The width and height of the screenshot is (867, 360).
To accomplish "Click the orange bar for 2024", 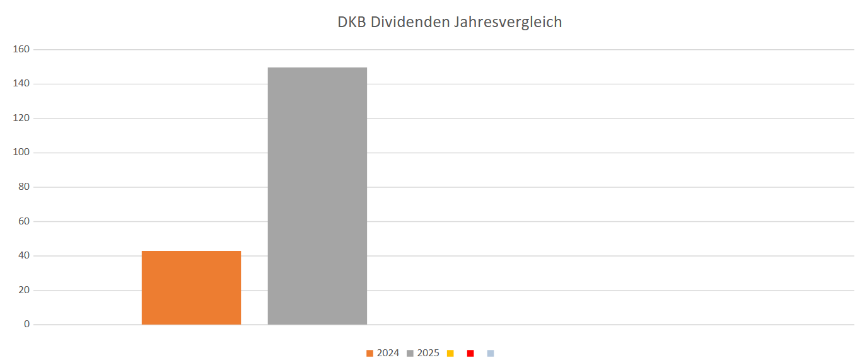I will pyautogui.click(x=191, y=288).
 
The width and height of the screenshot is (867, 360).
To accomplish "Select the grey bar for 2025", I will pyautogui.click(x=317, y=196).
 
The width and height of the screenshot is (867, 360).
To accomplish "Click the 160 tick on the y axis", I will pyautogui.click(x=23, y=49).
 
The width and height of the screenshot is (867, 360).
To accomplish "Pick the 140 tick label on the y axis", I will pyautogui.click(x=23, y=84).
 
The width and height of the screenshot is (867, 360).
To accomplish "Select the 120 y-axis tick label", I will pyautogui.click(x=23, y=118).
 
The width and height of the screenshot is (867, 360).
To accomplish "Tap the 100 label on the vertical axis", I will pyautogui.click(x=23, y=153).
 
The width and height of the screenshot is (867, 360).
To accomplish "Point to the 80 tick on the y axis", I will pyautogui.click(x=25, y=187).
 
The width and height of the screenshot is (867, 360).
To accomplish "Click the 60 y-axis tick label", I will pyautogui.click(x=25, y=221).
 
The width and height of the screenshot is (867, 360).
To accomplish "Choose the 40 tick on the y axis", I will pyautogui.click(x=25, y=256).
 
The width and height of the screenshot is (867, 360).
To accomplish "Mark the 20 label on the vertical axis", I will pyautogui.click(x=25, y=290).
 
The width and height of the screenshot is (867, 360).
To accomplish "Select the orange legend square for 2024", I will pyautogui.click(x=370, y=353).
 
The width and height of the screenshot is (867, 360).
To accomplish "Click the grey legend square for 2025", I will pyautogui.click(x=410, y=353).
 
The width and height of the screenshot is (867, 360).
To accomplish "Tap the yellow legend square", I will pyautogui.click(x=450, y=353).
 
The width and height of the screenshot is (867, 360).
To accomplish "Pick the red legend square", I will pyautogui.click(x=470, y=353).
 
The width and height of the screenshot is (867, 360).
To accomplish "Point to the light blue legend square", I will pyautogui.click(x=491, y=353).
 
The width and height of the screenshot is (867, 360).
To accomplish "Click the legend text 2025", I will pyautogui.click(x=428, y=353).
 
